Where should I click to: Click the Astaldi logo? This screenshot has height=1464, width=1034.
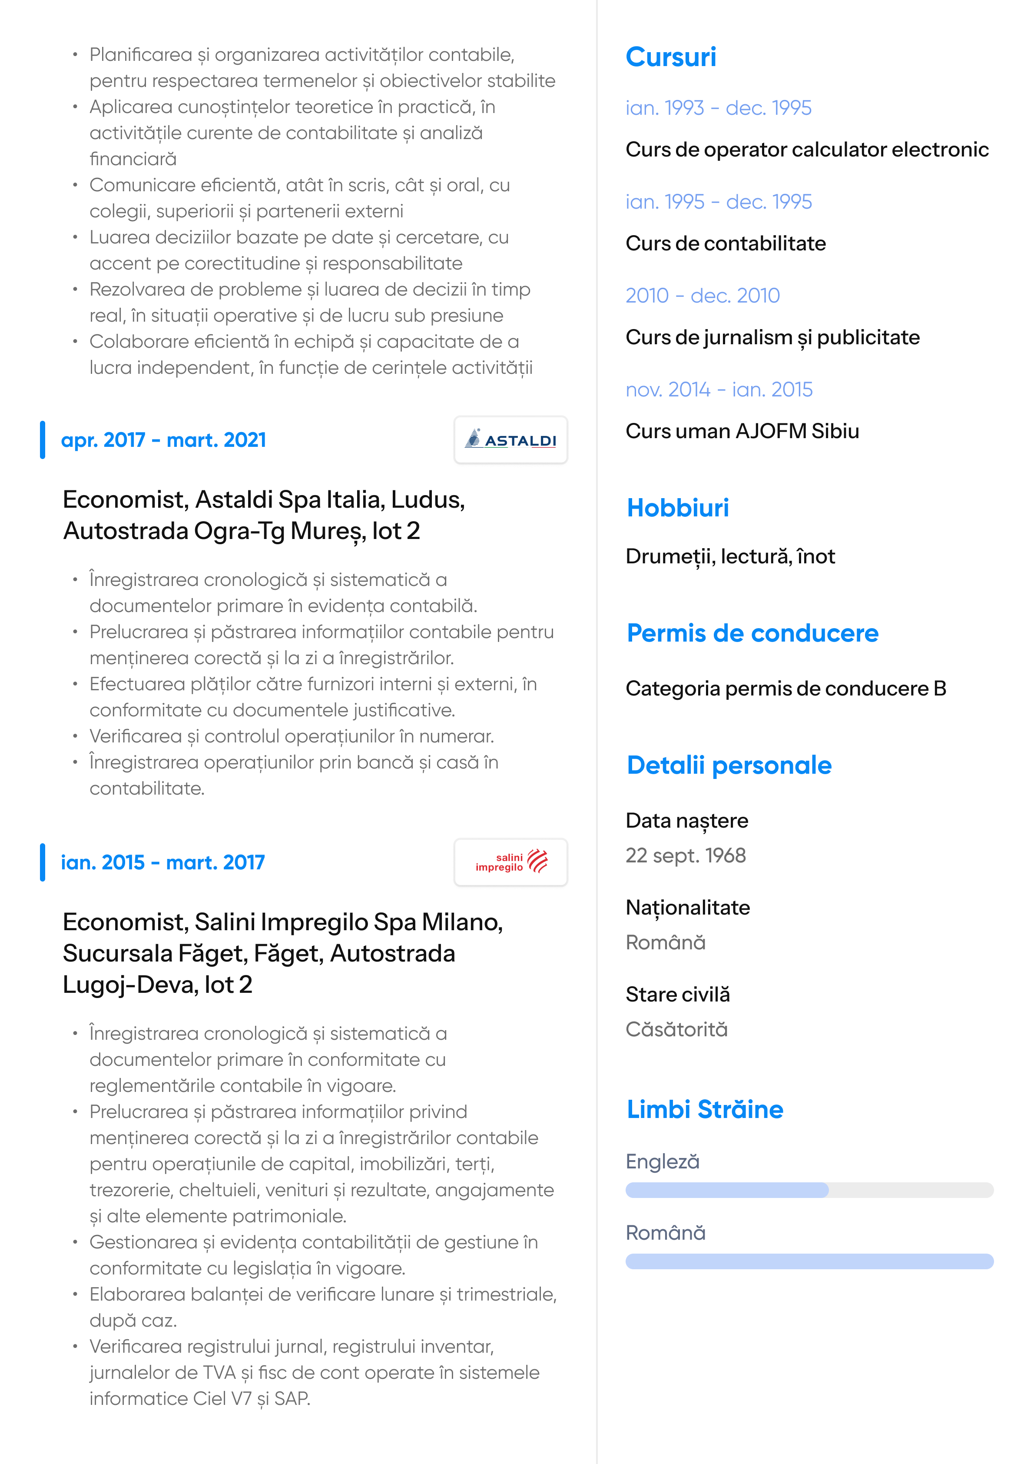pos(510,440)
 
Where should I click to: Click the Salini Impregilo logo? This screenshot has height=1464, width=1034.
pos(510,862)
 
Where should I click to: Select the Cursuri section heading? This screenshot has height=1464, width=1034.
pos(671,57)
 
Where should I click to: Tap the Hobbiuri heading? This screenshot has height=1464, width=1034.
pos(678,508)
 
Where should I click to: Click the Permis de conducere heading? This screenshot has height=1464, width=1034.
pos(752,633)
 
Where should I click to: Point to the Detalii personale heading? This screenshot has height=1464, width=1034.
pos(729,765)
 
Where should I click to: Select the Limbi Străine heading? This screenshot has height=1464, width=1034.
pos(704,1109)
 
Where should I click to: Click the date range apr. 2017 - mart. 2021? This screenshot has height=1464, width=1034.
pos(163,440)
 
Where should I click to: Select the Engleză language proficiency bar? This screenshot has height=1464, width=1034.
pos(809,1190)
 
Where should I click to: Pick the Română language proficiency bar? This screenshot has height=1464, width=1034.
pos(809,1261)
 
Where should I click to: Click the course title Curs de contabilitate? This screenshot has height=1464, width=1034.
pos(726,243)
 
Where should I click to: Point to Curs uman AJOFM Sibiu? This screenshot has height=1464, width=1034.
pos(742,432)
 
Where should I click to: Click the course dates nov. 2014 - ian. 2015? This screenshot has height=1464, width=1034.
pos(719,389)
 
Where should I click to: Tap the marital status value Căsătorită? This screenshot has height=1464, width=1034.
pos(676,1030)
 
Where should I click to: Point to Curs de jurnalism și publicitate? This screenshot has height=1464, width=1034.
pos(772,337)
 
